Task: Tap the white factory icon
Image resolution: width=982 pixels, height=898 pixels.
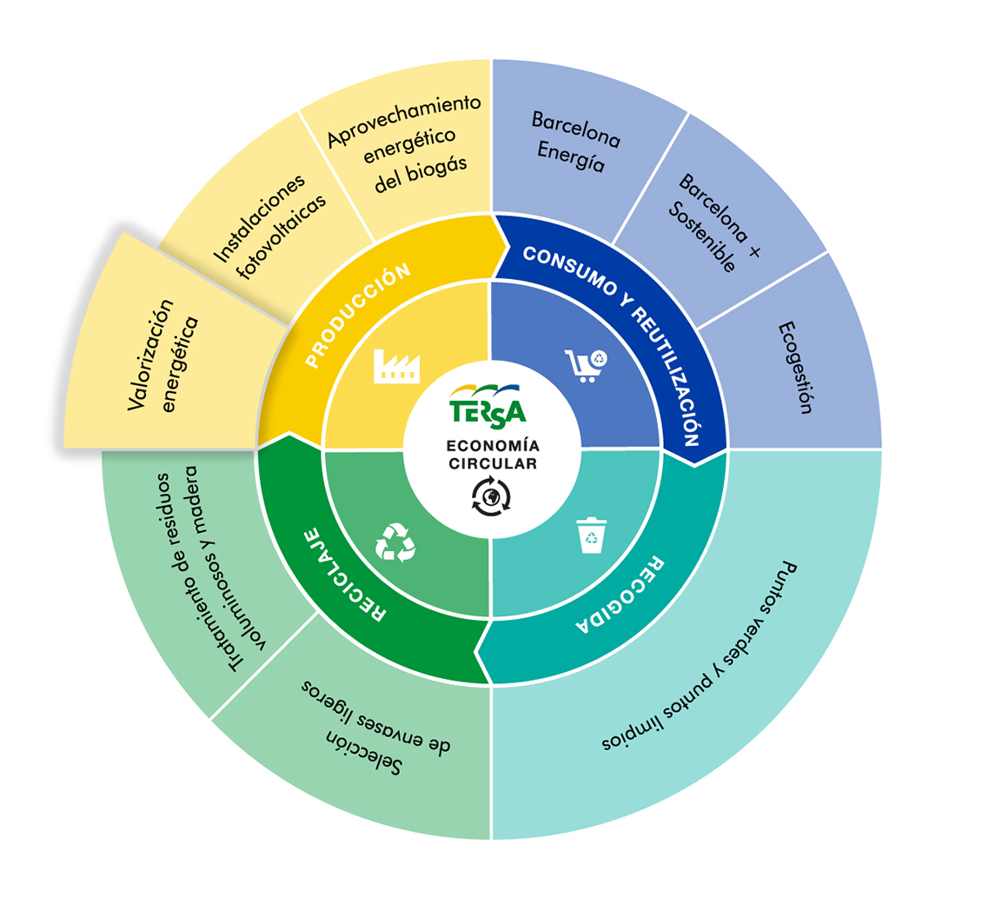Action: [x=396, y=366]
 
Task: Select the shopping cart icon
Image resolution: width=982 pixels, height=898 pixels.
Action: [x=587, y=365]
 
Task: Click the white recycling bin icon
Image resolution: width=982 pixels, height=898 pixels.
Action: [x=591, y=535]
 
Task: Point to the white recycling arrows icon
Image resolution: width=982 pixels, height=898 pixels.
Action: [x=395, y=542]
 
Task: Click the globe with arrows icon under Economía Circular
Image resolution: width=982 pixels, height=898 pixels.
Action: [x=491, y=496]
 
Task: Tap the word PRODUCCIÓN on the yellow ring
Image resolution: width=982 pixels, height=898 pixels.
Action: [x=357, y=316]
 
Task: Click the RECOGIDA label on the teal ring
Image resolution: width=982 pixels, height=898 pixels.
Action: [x=620, y=595]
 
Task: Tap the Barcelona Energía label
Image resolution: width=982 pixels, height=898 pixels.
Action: [x=575, y=142]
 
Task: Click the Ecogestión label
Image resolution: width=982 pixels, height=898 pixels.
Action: [x=795, y=368]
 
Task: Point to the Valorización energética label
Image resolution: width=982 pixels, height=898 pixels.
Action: [x=163, y=356]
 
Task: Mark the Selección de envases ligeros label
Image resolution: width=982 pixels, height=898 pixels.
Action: [x=375, y=727]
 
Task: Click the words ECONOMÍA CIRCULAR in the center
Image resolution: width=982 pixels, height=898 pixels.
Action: [x=493, y=455]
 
